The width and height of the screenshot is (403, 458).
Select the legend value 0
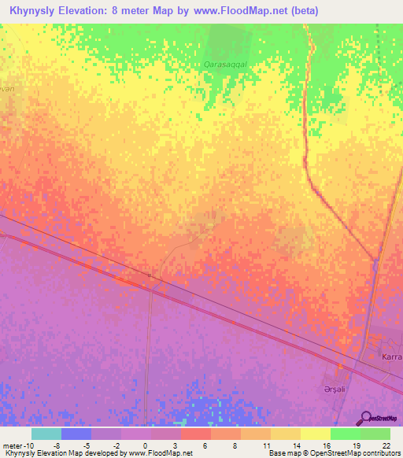click(x=145, y=445)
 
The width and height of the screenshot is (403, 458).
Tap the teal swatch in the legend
click(x=46, y=434)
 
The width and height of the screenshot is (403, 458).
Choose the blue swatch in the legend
click(x=76, y=434)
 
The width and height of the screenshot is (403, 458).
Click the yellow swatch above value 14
click(x=286, y=434)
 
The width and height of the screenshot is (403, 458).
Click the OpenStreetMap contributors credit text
click(x=339, y=453)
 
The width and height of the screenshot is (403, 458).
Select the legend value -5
click(x=86, y=445)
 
